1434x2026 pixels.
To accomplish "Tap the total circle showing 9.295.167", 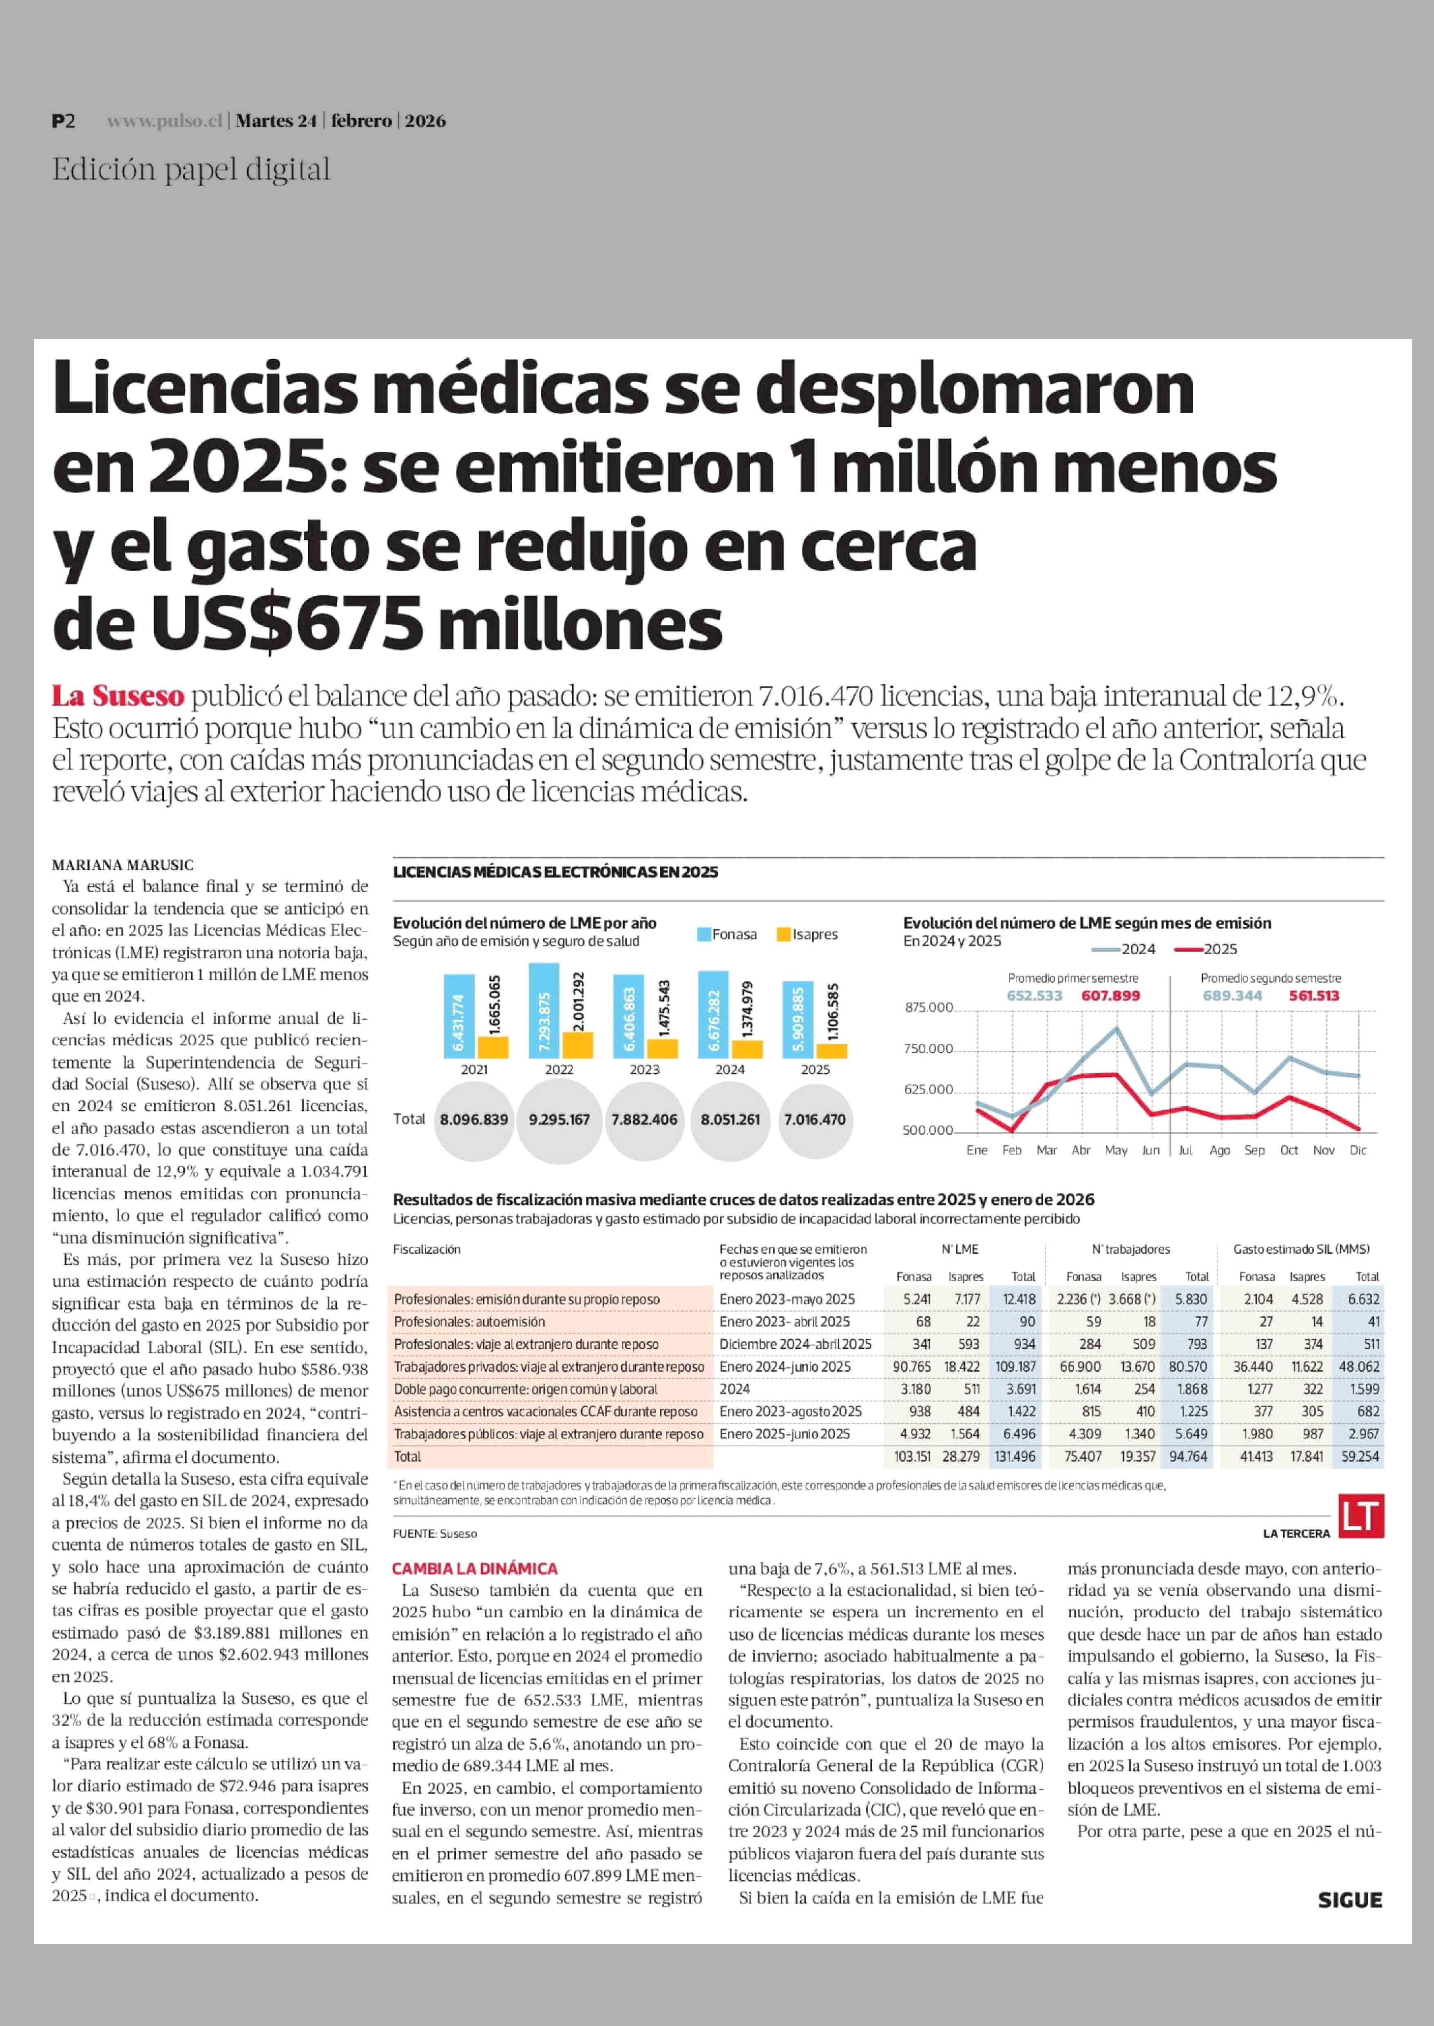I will click(x=559, y=1119).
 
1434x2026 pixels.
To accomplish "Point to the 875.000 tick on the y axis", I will click(x=929, y=1007).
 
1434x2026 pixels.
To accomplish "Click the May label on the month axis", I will click(x=1116, y=1150).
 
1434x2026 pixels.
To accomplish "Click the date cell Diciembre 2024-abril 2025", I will click(x=795, y=1344).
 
